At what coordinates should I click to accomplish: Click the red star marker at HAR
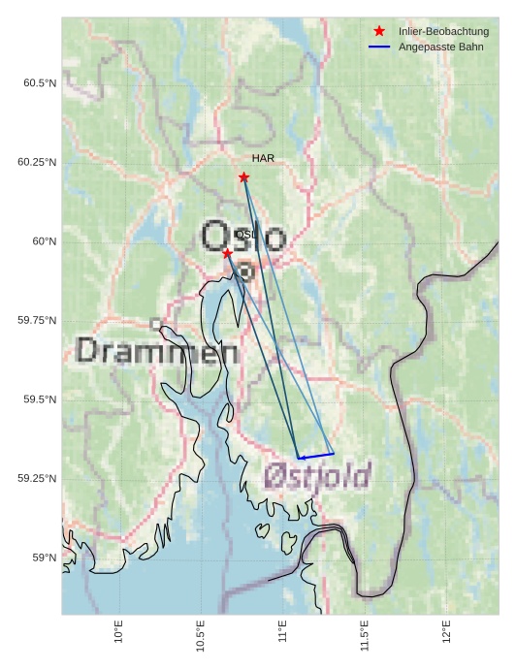click(x=243, y=177)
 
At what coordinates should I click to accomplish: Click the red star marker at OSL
click(x=227, y=253)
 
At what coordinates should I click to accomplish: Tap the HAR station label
click(x=262, y=158)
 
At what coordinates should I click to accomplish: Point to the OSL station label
click(x=246, y=235)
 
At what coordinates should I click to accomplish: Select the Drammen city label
click(x=157, y=351)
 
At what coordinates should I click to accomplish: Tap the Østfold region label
click(x=317, y=476)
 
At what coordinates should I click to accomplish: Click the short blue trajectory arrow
click(x=315, y=455)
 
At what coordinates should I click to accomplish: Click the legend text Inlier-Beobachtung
click(x=443, y=32)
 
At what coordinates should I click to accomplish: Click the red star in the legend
click(x=379, y=32)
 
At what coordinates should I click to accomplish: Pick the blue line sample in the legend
click(x=379, y=47)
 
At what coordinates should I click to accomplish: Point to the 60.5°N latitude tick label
click(x=40, y=83)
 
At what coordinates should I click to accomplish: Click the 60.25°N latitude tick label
click(x=37, y=162)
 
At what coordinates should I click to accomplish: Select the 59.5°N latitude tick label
click(x=40, y=399)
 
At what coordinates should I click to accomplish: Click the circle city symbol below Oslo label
click(x=246, y=272)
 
